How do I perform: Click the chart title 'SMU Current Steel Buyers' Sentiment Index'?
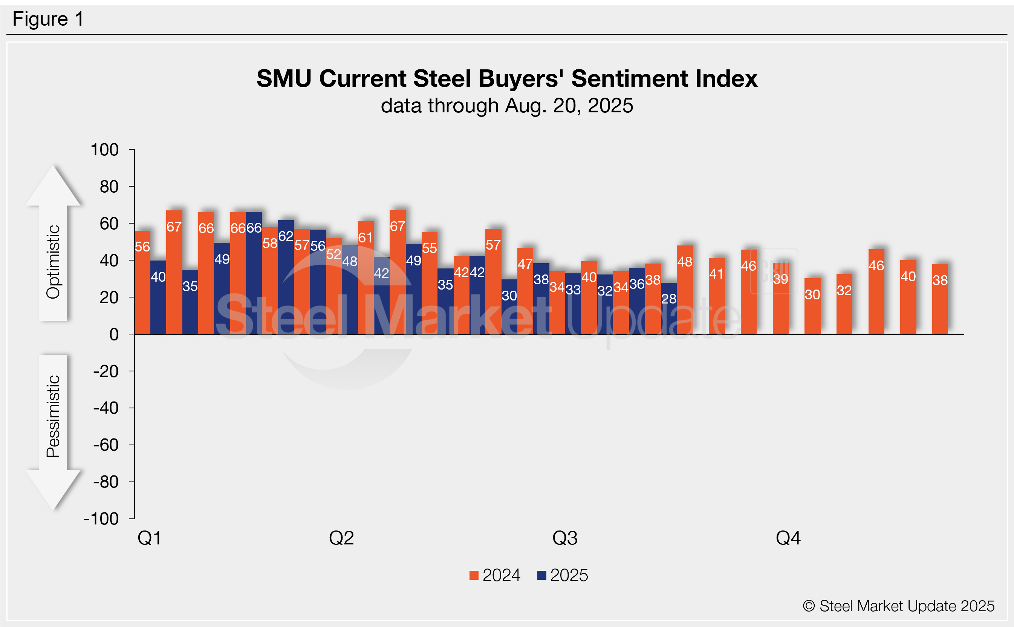click(x=506, y=78)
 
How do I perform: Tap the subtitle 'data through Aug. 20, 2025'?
click(x=506, y=106)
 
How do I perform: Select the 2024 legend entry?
click(x=495, y=575)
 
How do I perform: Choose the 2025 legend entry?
click(x=563, y=575)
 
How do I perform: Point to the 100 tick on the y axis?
click(x=105, y=150)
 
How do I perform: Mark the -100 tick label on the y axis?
click(x=101, y=519)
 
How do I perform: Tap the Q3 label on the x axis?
click(x=564, y=538)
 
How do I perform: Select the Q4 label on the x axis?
click(x=788, y=538)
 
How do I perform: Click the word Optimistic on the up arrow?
click(x=54, y=262)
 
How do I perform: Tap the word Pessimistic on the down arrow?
click(x=54, y=416)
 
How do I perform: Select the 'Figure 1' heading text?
click(x=48, y=19)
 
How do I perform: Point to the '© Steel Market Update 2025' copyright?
click(x=898, y=606)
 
